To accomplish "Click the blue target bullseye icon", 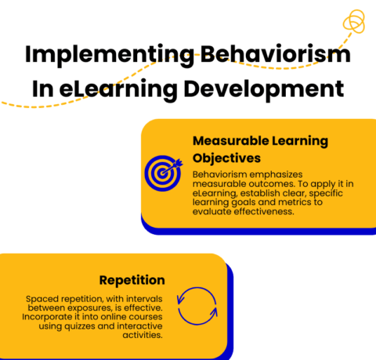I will (163, 174).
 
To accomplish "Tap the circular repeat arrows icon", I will (196, 308).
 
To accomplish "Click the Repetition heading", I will (132, 279).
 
